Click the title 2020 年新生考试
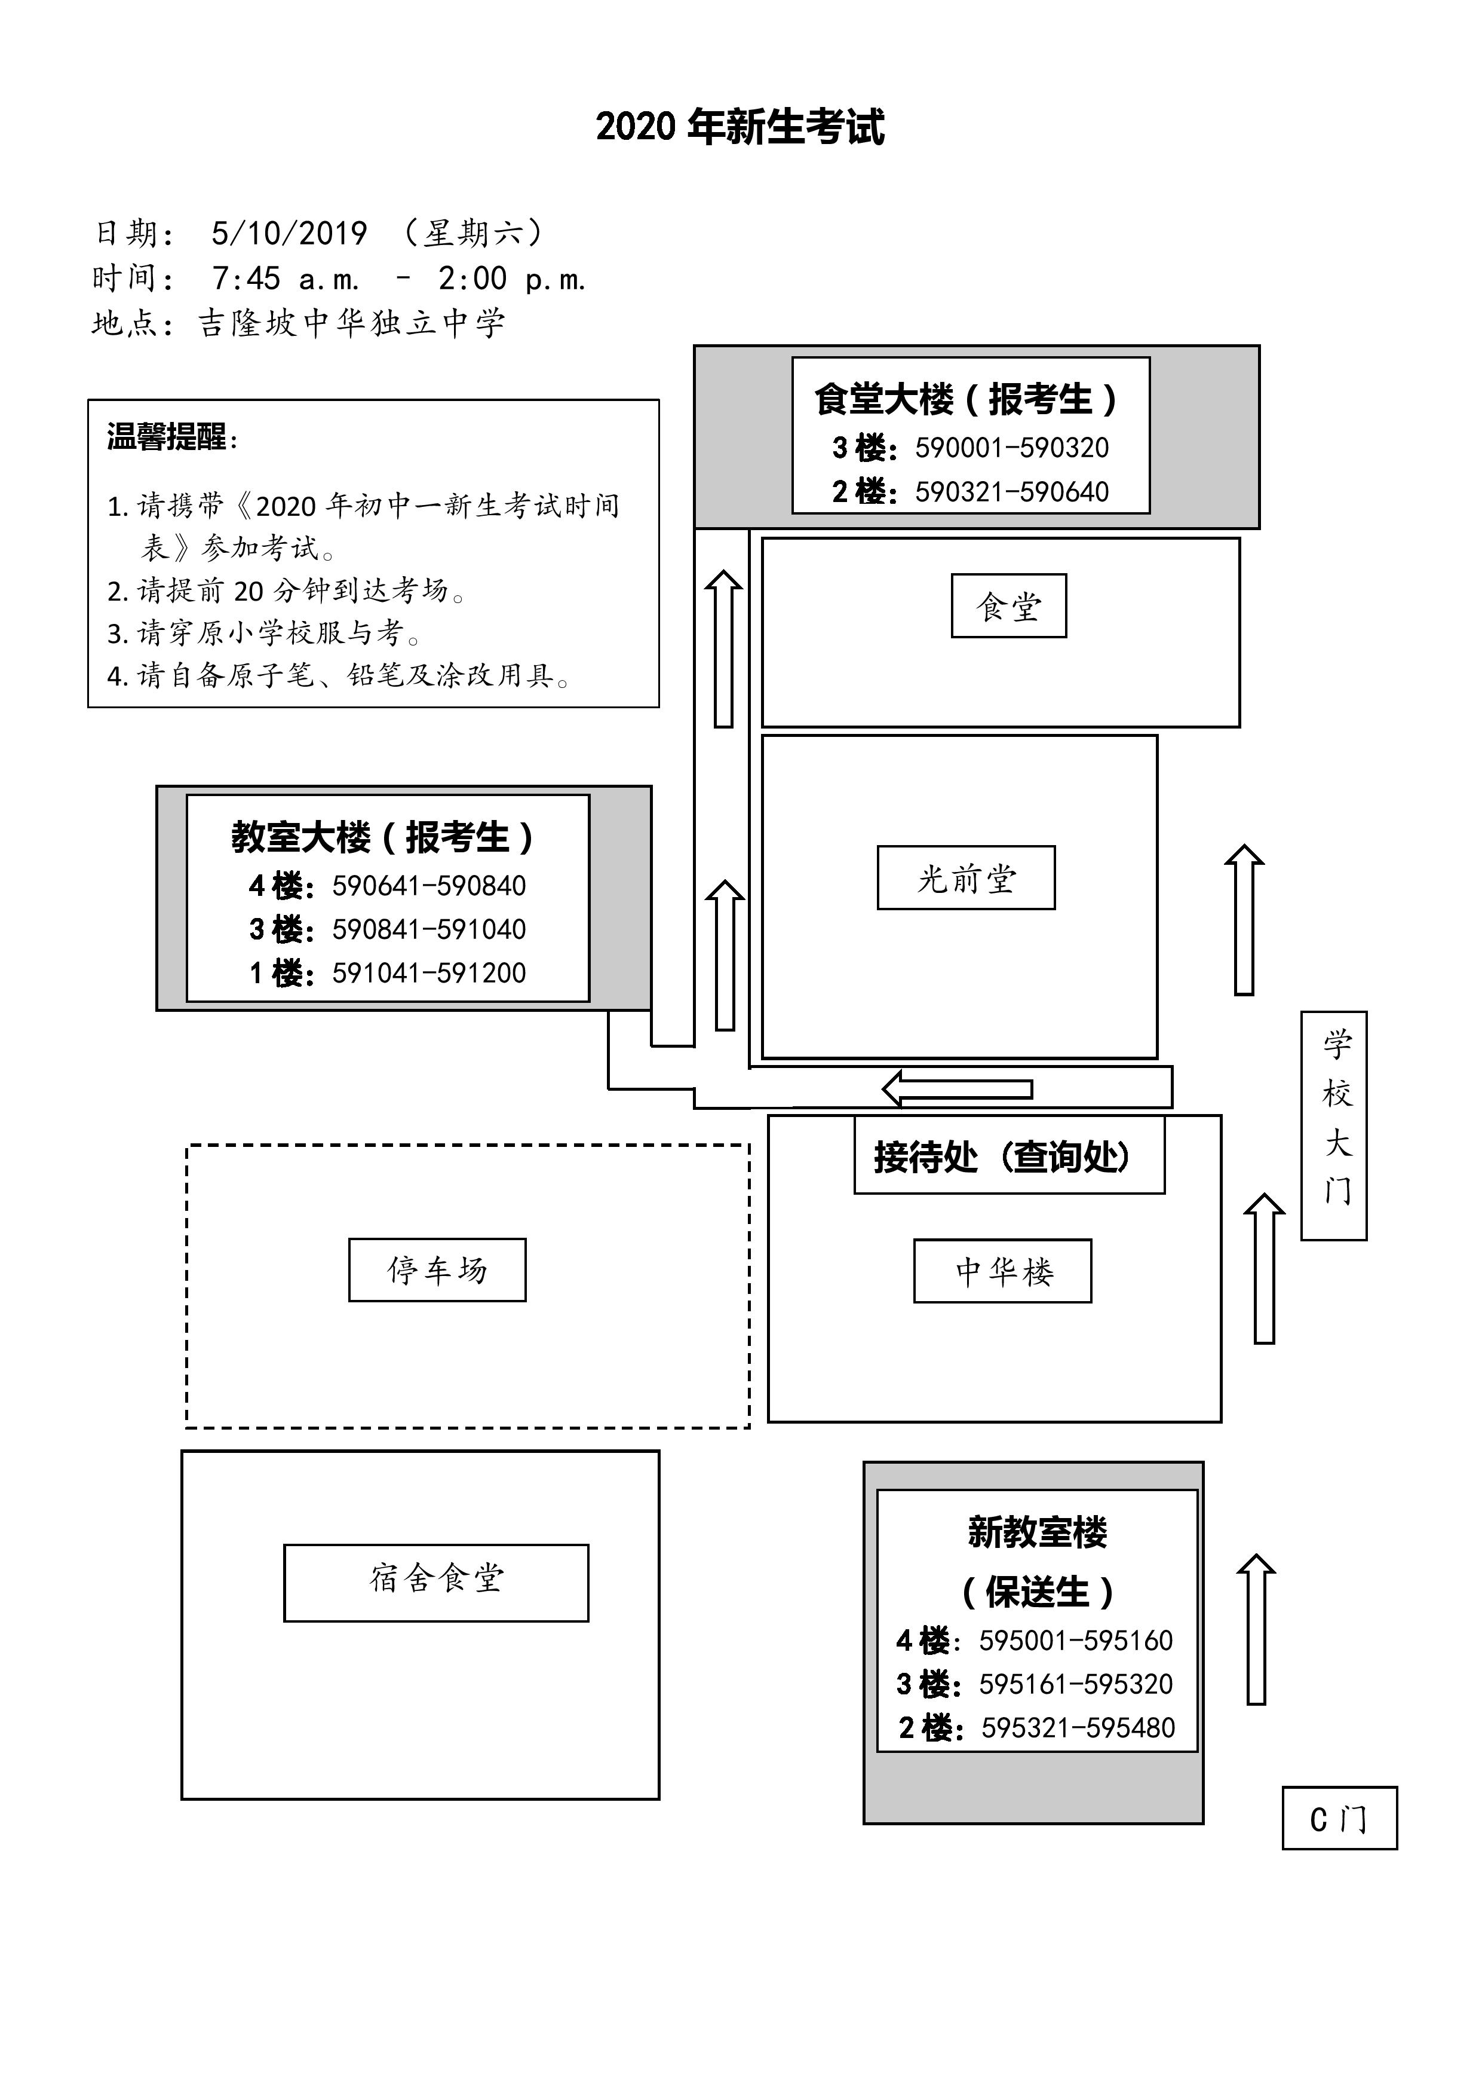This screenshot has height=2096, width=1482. tap(740, 127)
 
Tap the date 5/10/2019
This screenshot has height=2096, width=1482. tap(289, 234)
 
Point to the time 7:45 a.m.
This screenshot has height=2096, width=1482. tap(286, 279)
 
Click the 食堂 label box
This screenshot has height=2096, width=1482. tap(1008, 605)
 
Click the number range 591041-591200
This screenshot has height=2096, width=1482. tap(429, 972)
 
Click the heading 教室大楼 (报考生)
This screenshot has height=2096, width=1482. tap(383, 837)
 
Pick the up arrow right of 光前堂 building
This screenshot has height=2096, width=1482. tap(1244, 919)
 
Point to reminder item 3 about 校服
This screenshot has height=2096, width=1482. tap(264, 633)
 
